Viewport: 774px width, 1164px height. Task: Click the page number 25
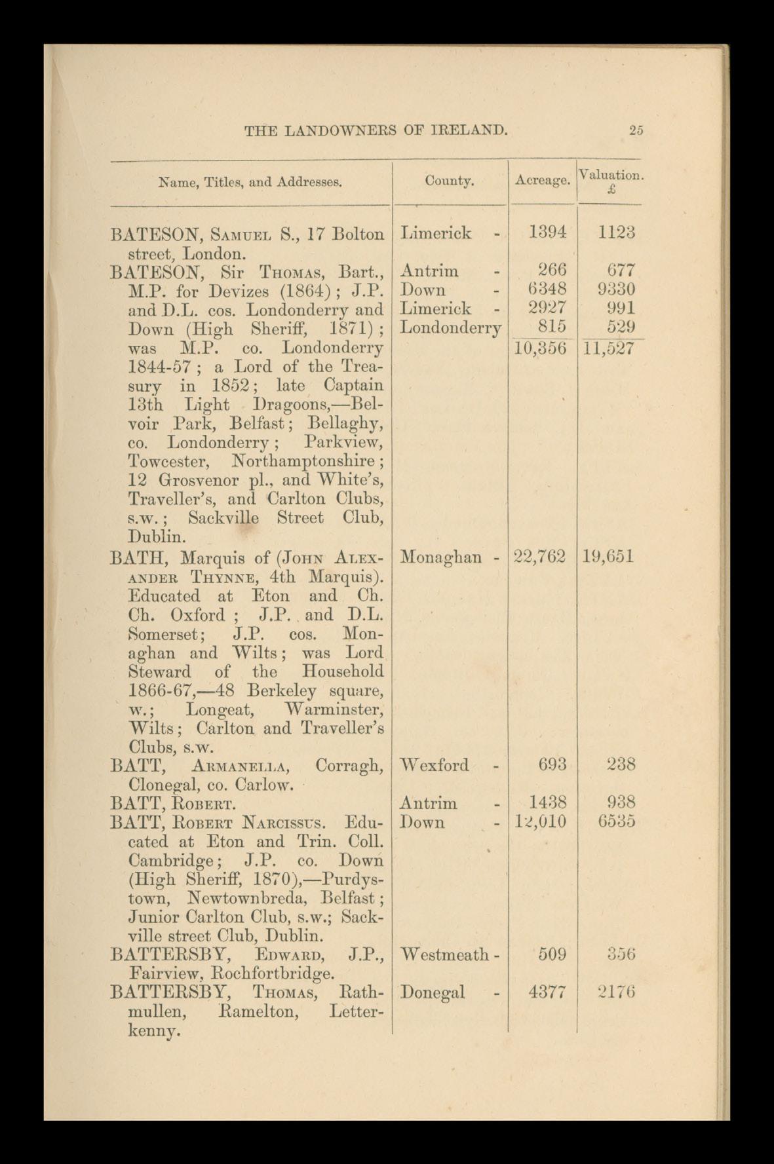coord(636,130)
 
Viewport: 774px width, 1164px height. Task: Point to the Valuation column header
coord(610,176)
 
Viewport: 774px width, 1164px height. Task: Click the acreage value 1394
coord(547,233)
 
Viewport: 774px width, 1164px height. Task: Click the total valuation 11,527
coord(608,347)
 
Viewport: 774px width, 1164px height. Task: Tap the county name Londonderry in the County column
coord(450,328)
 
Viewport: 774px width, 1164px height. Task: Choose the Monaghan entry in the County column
coord(441,557)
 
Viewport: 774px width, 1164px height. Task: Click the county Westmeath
coord(444,954)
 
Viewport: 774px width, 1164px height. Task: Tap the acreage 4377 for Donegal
coord(547,992)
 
